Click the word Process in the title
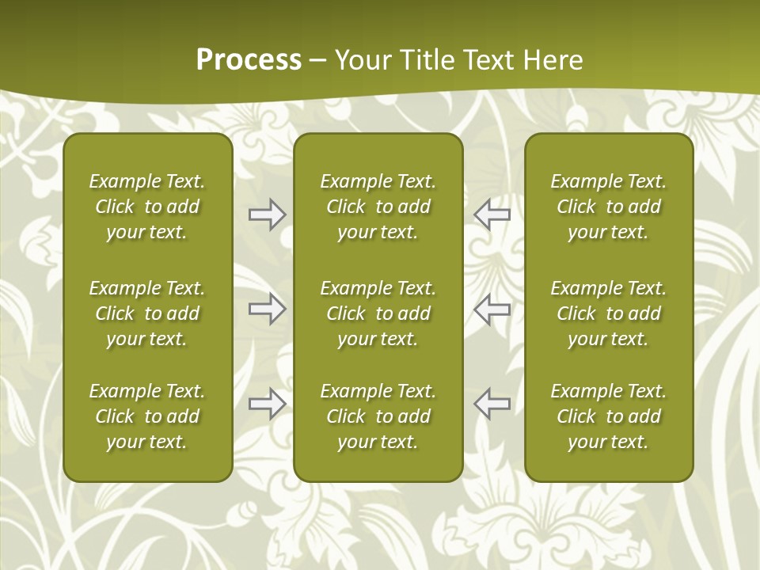(249, 60)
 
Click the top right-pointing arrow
(267, 215)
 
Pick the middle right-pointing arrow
(267, 309)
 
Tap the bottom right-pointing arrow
(267, 404)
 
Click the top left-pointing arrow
(492, 215)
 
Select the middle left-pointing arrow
(492, 309)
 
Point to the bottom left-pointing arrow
(492, 404)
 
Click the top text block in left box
(147, 207)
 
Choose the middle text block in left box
(147, 313)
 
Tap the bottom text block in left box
(147, 416)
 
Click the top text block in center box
(378, 207)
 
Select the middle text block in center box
(378, 313)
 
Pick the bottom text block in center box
(378, 416)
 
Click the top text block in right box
(608, 207)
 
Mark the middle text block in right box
(608, 313)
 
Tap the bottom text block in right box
(608, 416)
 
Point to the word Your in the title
(363, 60)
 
